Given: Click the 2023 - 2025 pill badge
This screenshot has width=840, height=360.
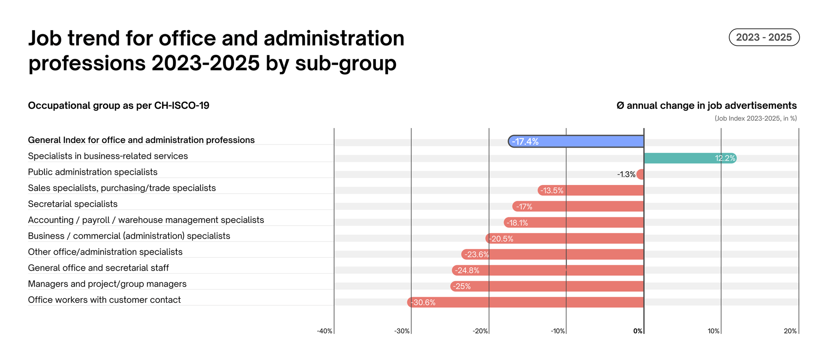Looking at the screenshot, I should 764,37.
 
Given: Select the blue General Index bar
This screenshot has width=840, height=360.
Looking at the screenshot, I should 575,142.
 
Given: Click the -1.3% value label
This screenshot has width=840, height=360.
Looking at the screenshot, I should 626,174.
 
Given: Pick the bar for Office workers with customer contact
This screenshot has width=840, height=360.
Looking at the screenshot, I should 525,302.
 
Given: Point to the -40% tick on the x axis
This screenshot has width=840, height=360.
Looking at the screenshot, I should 325,331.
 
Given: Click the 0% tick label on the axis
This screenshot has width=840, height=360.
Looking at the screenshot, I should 638,331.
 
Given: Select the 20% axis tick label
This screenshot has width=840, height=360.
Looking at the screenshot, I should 790,331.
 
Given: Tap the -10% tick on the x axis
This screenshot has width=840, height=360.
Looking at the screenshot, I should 558,331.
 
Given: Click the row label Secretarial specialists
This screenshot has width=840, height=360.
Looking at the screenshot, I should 73,204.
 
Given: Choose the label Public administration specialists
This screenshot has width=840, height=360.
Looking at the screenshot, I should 92,172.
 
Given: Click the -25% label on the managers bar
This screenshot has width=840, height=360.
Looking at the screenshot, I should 462,286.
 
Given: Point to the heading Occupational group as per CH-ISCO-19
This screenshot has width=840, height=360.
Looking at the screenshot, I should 118,105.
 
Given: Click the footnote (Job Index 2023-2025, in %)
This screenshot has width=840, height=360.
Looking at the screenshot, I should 755,118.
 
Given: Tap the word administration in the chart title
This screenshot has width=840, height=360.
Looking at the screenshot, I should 334,38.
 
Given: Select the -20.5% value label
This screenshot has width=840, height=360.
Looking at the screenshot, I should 501,239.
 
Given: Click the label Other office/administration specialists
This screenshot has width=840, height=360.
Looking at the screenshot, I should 105,252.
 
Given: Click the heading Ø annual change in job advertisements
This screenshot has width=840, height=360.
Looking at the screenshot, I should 706,105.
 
